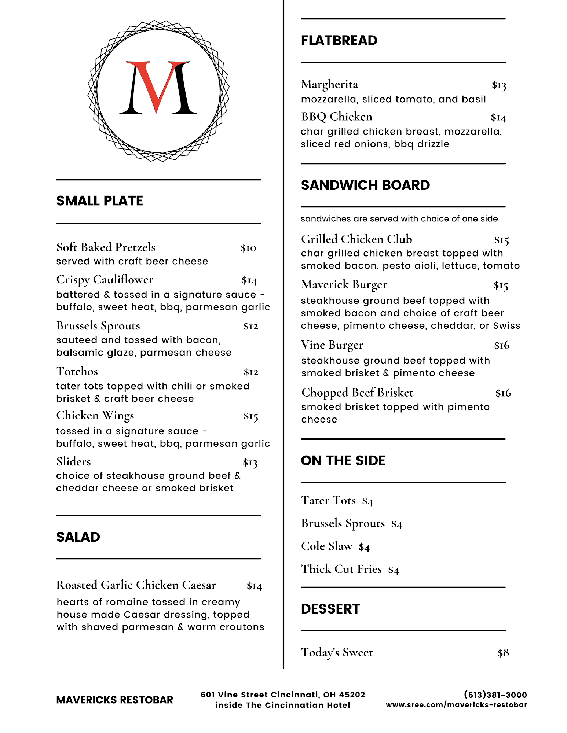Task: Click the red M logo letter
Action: pyautogui.click(x=158, y=88)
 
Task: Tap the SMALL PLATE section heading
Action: pyautogui.click(x=99, y=201)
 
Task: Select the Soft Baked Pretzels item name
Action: pyautogui.click(x=106, y=247)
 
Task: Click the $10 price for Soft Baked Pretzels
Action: pyautogui.click(x=248, y=248)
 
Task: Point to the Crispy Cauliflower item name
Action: pyautogui.click(x=105, y=280)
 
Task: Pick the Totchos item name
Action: pyautogui.click(x=77, y=371)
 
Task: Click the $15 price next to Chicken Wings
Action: pyautogui.click(x=251, y=416)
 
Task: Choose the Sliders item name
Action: pyautogui.click(x=73, y=462)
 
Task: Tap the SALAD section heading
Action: pyautogui.click(x=78, y=537)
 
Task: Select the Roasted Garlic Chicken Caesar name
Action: pyautogui.click(x=136, y=585)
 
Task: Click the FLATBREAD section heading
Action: pyautogui.click(x=339, y=40)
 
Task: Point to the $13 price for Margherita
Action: pyautogui.click(x=499, y=85)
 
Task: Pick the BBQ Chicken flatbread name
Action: pyautogui.click(x=336, y=117)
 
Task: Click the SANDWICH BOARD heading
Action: pyautogui.click(x=365, y=185)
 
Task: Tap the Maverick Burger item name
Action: pyautogui.click(x=344, y=285)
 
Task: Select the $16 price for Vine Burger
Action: pyautogui.click(x=502, y=345)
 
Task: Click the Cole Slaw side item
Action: pyautogui.click(x=326, y=546)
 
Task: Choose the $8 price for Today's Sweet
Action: pyautogui.click(x=503, y=653)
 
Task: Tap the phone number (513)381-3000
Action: pyautogui.click(x=495, y=695)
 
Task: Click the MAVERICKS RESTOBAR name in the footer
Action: pyautogui.click(x=114, y=700)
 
